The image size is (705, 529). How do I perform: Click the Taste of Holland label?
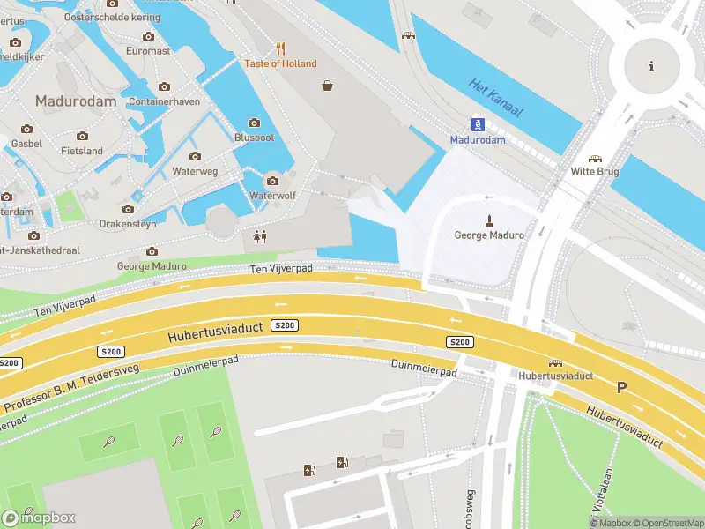click(x=280, y=63)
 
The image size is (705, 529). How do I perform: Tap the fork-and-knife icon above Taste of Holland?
click(x=280, y=48)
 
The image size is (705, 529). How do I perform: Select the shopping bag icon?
click(x=328, y=86)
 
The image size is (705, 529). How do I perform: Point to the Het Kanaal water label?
click(x=495, y=97)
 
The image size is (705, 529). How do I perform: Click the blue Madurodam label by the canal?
click(x=478, y=139)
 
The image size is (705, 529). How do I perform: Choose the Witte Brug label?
click(x=596, y=171)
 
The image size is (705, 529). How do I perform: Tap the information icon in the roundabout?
click(x=651, y=66)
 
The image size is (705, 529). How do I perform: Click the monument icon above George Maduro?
click(x=488, y=220)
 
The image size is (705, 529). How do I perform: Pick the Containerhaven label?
click(x=164, y=101)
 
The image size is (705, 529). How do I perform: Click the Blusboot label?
click(x=255, y=138)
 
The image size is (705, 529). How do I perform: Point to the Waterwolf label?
click(x=271, y=195)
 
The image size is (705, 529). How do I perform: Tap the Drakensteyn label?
click(x=128, y=224)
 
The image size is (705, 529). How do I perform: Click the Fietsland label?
click(x=82, y=151)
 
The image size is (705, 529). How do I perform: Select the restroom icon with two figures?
click(x=260, y=236)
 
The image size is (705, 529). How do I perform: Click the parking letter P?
click(x=621, y=387)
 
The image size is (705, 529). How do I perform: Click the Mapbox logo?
click(x=39, y=518)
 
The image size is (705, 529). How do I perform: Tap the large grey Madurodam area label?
click(x=76, y=101)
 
